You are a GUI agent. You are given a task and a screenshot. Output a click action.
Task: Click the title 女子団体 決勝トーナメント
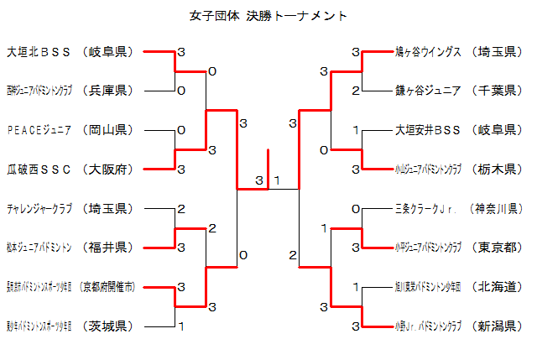coord(268,16)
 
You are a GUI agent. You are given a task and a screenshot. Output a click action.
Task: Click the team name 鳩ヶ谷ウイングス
coord(428,52)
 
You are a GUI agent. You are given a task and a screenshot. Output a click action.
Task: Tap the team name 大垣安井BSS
coord(428,130)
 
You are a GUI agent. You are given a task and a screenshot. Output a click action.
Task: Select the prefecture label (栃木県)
coord(496,170)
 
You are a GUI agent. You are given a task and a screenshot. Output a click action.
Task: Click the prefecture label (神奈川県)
coord(496,208)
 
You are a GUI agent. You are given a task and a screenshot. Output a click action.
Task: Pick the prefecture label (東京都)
coord(496,248)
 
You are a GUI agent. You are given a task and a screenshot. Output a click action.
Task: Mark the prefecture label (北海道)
coord(496,287)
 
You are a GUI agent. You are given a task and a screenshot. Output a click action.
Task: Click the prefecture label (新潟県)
coord(496,326)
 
